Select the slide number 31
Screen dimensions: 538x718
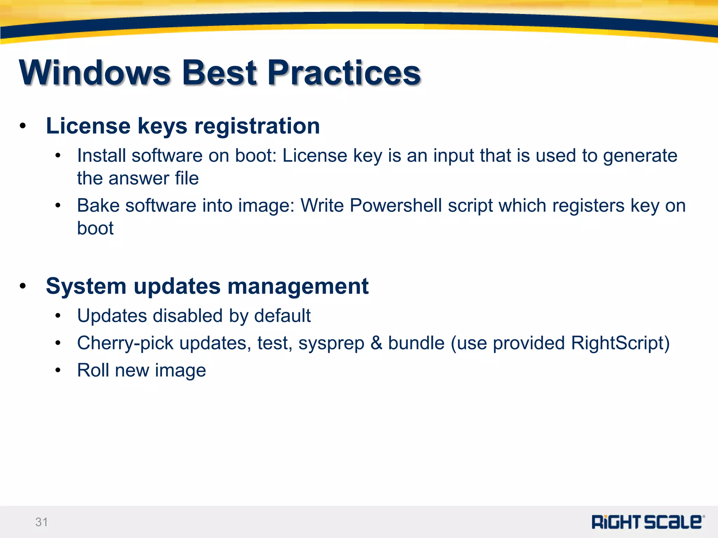[x=41, y=522]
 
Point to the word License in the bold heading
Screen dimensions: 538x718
[x=88, y=126]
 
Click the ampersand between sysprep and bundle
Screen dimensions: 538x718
[x=376, y=343]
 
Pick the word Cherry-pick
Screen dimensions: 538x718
[x=125, y=343]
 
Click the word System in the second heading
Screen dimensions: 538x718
[x=86, y=286]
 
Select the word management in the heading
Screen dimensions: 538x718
[x=298, y=286]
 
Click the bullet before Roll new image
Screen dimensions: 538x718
[x=58, y=370]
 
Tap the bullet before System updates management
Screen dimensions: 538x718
[x=23, y=286]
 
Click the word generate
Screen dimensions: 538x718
[x=640, y=156]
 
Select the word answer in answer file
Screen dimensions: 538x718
[x=139, y=178]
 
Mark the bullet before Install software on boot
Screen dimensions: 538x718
[x=58, y=156]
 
